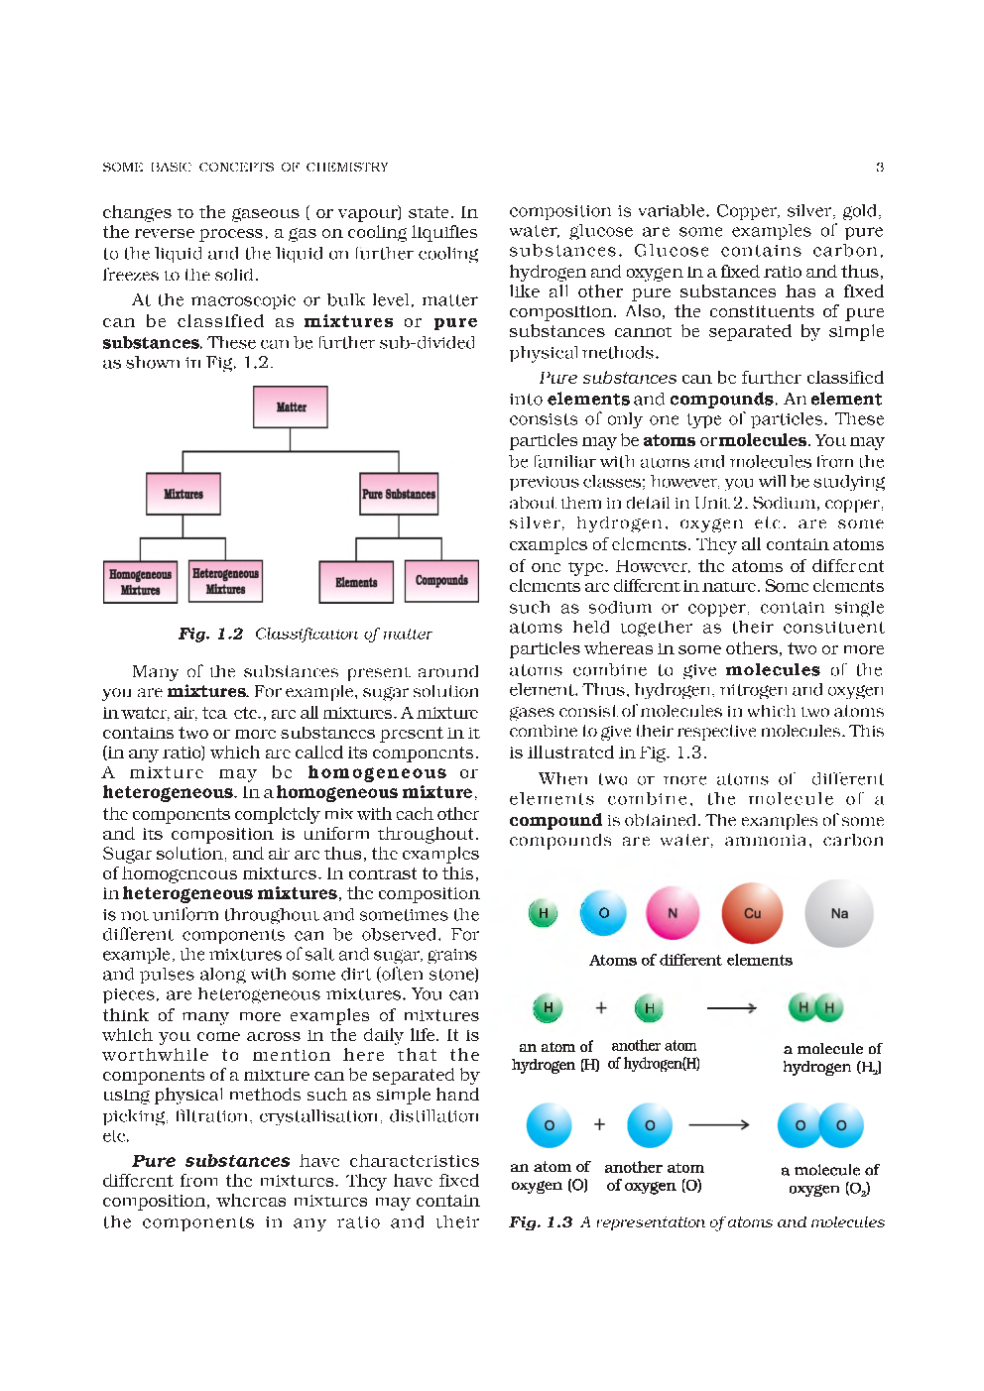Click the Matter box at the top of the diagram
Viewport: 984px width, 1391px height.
click(x=291, y=406)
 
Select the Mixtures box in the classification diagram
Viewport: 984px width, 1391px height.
click(x=184, y=494)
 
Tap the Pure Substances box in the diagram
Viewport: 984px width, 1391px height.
click(x=399, y=494)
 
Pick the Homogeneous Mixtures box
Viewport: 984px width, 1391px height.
click(x=140, y=582)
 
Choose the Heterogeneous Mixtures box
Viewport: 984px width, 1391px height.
click(x=225, y=581)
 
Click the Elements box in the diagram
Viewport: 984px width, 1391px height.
click(x=356, y=582)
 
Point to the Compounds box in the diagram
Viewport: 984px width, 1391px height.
click(x=441, y=580)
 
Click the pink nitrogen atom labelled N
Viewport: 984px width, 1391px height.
click(x=673, y=913)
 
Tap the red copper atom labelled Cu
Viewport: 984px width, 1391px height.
click(x=752, y=913)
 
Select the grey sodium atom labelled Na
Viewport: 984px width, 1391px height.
click(x=839, y=913)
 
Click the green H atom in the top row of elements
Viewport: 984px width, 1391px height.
click(x=543, y=913)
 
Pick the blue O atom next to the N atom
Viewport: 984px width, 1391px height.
click(x=603, y=913)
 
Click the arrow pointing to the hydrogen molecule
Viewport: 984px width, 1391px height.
click(x=732, y=1008)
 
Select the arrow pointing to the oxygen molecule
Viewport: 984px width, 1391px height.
click(x=719, y=1125)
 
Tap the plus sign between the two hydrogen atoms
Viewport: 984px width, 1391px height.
click(x=601, y=1007)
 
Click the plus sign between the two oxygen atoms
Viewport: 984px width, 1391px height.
click(x=599, y=1124)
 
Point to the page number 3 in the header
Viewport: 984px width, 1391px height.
click(x=880, y=168)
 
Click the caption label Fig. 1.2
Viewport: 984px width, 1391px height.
click(x=210, y=634)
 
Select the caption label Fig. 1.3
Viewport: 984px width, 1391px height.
click(x=541, y=1222)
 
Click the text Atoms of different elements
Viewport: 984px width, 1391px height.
click(x=690, y=960)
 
